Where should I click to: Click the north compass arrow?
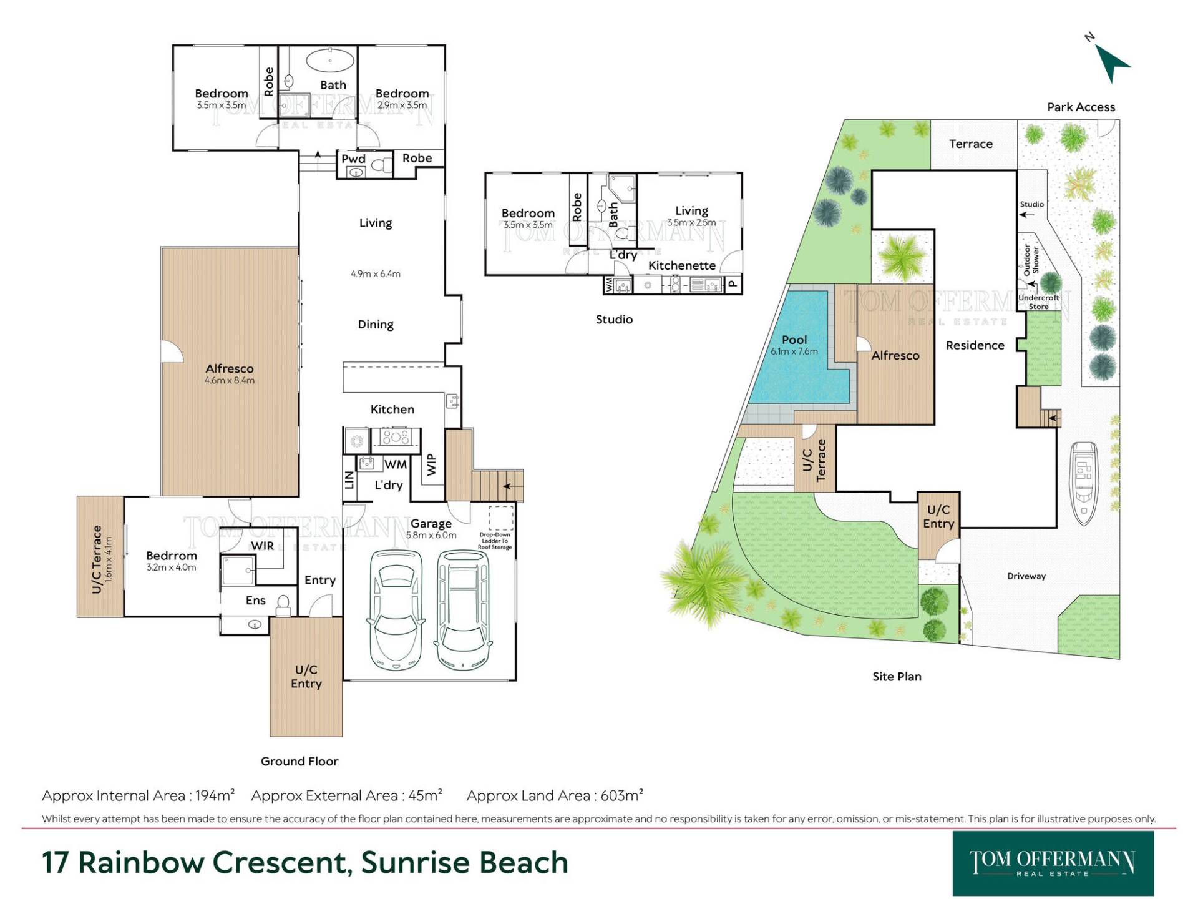(1112, 62)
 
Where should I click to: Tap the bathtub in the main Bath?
(330, 61)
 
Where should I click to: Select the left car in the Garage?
(396, 610)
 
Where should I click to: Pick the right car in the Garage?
(462, 609)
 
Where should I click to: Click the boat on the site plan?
(1084, 483)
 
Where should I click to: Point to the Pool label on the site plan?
(794, 340)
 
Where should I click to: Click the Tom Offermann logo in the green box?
(1053, 863)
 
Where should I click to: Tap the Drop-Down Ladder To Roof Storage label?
(495, 541)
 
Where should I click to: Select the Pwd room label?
(353, 159)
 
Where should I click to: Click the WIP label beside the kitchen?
(431, 464)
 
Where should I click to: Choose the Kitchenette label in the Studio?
(682, 265)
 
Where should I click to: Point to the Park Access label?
(1081, 107)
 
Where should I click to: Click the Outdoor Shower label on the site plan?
(1031, 260)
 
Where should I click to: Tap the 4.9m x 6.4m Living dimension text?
(376, 273)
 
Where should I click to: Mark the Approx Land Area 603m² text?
(555, 795)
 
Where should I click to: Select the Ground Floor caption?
(299, 761)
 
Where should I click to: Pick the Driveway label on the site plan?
(1026, 576)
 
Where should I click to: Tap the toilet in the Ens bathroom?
(283, 605)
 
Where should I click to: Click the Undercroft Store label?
(1039, 302)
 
